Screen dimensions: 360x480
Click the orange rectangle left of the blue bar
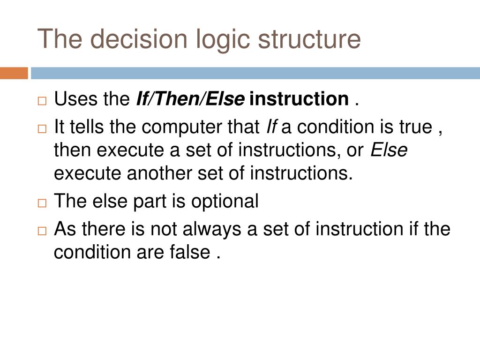(x=14, y=73)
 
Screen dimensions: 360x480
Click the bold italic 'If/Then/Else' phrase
(x=190, y=99)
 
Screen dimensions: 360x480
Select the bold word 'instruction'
(x=300, y=99)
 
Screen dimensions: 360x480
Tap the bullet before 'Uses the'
(x=42, y=101)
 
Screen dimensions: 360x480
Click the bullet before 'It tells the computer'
(x=42, y=128)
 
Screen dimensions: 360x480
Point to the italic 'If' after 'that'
(x=271, y=127)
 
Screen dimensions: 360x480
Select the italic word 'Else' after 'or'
(x=389, y=150)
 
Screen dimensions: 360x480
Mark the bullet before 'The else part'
(x=42, y=203)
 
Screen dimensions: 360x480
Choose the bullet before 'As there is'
(x=42, y=231)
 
